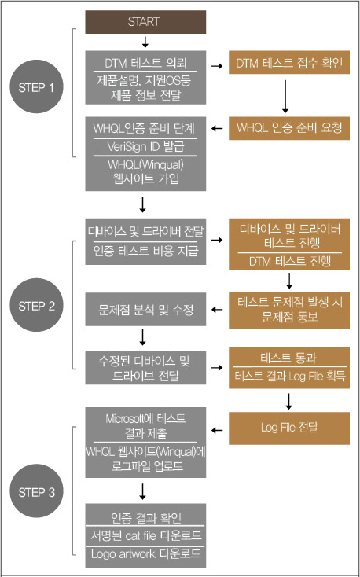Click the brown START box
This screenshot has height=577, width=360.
pos(145,22)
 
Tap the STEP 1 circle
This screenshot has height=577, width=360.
pos(36,86)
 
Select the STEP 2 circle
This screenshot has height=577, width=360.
pos(36,305)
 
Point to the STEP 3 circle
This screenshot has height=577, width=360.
pos(36,491)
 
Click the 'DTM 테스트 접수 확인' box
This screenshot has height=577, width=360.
pos(289,63)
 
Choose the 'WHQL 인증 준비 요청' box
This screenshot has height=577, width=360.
pos(289,128)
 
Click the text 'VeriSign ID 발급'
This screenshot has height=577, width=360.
pos(145,147)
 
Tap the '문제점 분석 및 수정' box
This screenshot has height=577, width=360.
pos(145,310)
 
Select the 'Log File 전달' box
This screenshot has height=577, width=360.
pos(289,428)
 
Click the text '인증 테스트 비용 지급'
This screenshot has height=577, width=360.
pos(145,252)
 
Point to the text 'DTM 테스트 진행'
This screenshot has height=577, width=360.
pos(289,261)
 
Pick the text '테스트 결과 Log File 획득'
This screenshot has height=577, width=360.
pos(289,376)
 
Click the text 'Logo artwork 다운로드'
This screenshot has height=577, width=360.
pos(145,553)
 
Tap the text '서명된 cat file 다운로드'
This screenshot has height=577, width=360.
pos(145,535)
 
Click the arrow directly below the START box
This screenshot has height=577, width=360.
pos(145,42)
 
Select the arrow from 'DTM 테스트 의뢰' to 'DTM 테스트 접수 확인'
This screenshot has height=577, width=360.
pos(218,66)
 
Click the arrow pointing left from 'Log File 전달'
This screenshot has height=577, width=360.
pos(218,429)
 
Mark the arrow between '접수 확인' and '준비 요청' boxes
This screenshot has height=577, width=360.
pos(285,95)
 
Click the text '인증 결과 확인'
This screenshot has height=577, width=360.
pos(145,518)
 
